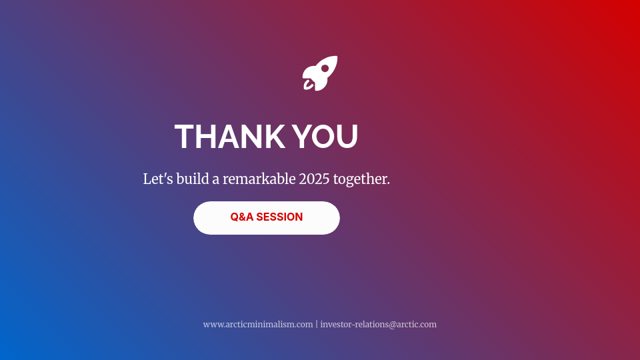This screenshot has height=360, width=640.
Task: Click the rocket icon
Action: pos(320,73)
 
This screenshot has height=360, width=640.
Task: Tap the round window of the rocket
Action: pos(325,69)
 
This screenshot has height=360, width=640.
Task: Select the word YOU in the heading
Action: pos(325,136)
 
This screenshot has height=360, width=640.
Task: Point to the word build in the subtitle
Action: pos(193,179)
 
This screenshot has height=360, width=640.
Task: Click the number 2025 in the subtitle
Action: pos(314,179)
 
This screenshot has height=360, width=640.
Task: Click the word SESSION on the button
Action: pos(279,217)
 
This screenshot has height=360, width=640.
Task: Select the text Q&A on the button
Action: pos(241,217)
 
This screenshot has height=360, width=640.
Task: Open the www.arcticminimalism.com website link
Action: pos(258,325)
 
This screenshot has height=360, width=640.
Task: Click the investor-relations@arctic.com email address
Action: pos(379,325)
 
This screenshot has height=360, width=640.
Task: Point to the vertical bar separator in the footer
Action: pos(317,325)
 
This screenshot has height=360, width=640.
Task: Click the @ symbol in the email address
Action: pos(393,325)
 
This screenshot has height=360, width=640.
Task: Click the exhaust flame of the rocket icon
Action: pos(308,85)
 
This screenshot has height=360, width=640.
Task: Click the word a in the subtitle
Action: pos(215,179)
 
